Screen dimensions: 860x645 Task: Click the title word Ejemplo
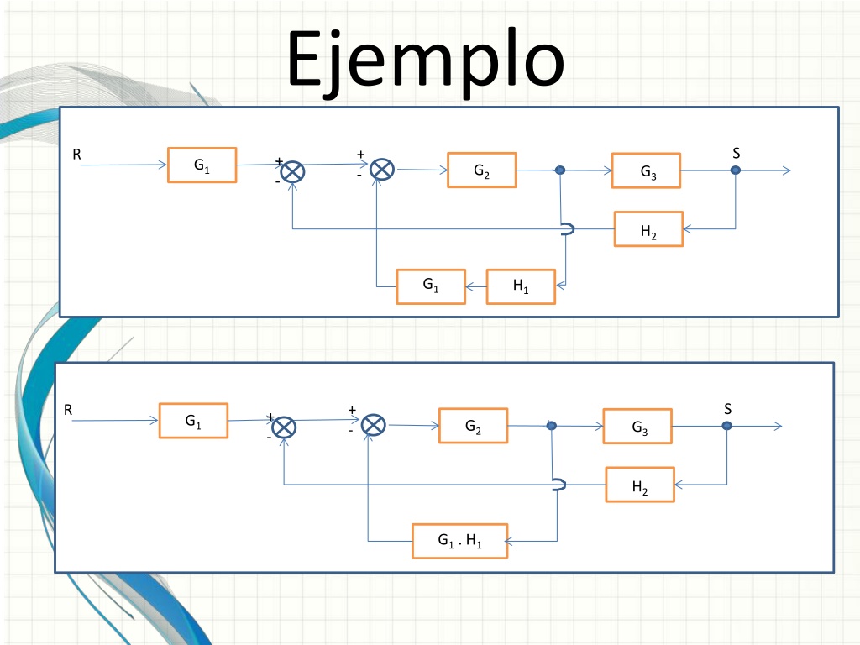[426, 61]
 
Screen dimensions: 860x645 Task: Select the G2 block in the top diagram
[481, 170]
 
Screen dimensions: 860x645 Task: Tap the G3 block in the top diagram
[646, 170]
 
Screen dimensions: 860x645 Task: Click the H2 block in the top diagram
[648, 229]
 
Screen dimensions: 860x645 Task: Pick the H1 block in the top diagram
[521, 286]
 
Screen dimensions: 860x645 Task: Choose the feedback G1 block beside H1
[431, 286]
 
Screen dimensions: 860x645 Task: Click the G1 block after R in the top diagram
[202, 165]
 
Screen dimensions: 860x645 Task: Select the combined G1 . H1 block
[459, 542]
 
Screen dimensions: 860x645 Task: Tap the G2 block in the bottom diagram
[473, 426]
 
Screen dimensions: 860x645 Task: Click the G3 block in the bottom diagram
[637, 426]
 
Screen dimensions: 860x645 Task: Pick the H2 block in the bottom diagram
[639, 485]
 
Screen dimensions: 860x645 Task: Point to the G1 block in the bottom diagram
[193, 421]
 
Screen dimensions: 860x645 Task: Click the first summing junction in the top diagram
[293, 171]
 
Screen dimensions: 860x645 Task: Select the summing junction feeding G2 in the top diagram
[382, 169]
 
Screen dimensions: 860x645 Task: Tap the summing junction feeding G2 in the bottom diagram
[374, 425]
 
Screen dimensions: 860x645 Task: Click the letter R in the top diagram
[76, 155]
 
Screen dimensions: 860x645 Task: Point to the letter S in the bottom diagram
[728, 409]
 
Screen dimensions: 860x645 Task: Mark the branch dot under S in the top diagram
[736, 170]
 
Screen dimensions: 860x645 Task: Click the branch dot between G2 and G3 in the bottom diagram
[552, 426]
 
